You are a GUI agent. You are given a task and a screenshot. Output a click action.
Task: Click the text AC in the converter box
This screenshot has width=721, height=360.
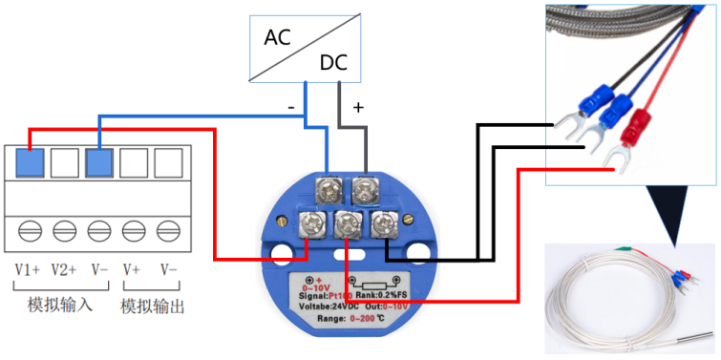click(x=278, y=39)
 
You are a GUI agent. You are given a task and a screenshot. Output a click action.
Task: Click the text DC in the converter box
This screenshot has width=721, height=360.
click(x=333, y=64)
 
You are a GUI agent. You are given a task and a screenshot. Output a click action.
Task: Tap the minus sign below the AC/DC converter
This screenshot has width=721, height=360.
click(x=291, y=108)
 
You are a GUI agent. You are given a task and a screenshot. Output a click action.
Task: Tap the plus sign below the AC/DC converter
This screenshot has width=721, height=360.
click(x=359, y=108)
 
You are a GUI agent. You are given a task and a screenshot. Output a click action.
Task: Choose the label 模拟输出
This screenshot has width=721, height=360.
click(x=152, y=307)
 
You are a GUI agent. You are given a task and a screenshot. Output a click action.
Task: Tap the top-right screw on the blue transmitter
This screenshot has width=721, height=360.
click(x=367, y=189)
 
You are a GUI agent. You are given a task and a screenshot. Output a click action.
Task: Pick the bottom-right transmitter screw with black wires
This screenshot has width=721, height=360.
click(x=384, y=226)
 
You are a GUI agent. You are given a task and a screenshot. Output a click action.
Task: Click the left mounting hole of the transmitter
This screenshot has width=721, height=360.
click(x=281, y=255)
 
